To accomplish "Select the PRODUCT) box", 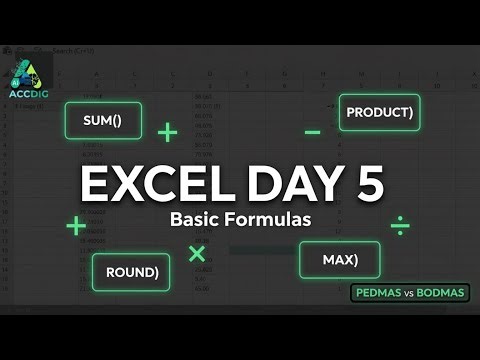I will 378,113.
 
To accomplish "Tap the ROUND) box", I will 131,271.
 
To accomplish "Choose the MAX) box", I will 340,260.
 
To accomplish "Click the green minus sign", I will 313,132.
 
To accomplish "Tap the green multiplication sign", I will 197,253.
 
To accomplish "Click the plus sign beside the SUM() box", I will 167,131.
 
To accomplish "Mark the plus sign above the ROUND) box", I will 75,226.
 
